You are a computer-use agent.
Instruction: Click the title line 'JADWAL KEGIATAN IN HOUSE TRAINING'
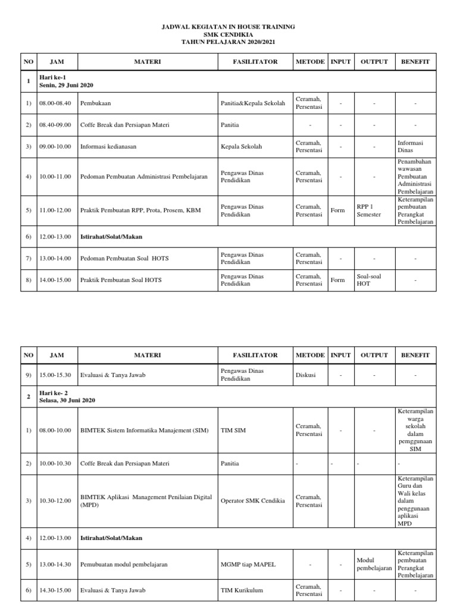coord(229,27)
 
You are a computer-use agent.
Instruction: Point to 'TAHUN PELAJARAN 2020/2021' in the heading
coord(229,42)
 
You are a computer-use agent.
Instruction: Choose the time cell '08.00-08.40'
coord(55,103)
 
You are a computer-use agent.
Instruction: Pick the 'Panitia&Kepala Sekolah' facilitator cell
coord(253,103)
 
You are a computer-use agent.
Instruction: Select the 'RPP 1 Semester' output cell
coord(368,211)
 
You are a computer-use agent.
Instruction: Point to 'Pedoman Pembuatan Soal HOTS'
coord(125,258)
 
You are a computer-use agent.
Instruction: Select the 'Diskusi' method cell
coord(306,375)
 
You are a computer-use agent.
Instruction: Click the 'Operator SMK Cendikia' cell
coord(253,501)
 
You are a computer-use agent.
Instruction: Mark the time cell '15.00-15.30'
coord(55,375)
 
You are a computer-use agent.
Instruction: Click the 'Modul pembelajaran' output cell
coord(374,564)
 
